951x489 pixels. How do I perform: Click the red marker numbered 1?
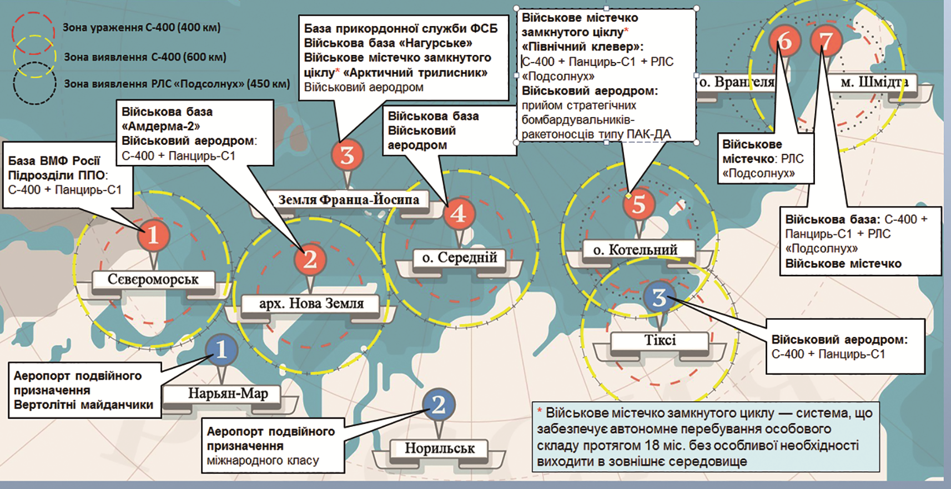[153, 235]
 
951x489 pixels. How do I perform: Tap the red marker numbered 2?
[310, 259]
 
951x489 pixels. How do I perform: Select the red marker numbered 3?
[347, 155]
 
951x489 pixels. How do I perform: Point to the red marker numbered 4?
[459, 214]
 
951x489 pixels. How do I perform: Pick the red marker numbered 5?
[638, 204]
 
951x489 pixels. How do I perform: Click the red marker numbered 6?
[784, 41]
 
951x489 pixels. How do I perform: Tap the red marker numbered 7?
[826, 41]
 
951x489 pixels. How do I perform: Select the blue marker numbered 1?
[221, 350]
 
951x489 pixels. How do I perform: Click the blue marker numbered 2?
[438, 405]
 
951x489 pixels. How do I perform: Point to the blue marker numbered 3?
[659, 298]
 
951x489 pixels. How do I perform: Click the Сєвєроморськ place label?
[153, 280]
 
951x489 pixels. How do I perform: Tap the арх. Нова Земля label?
[311, 304]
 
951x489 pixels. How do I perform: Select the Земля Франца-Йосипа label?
[348, 200]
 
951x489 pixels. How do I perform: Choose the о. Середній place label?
[459, 258]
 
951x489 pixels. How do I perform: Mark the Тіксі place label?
[660, 340]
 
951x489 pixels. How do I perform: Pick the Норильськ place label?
[439, 448]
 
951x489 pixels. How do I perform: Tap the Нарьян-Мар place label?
[228, 394]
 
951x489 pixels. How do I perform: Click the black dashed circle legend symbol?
[34, 84]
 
